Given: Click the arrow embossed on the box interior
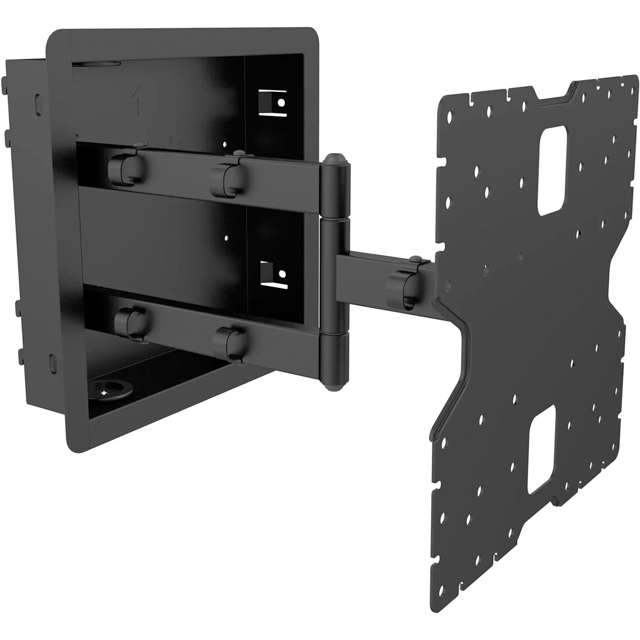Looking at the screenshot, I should pyautogui.click(x=138, y=100).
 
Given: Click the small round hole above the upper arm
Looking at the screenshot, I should pyautogui.click(x=225, y=144).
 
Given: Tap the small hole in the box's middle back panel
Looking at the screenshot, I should pyautogui.click(x=227, y=238).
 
